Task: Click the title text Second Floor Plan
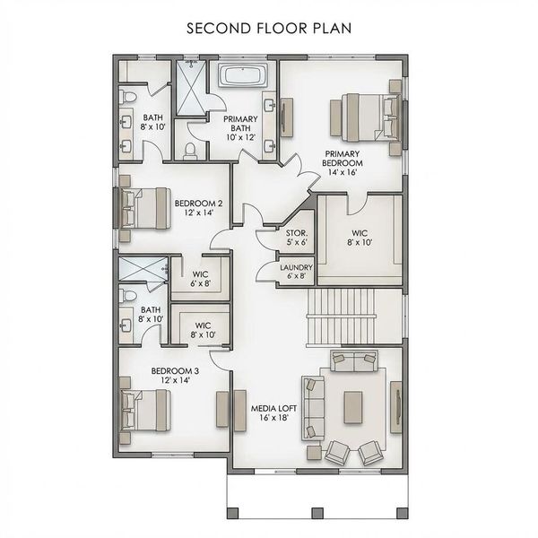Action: tap(268, 27)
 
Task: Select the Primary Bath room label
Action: tap(240, 128)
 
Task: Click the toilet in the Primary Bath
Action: tap(189, 151)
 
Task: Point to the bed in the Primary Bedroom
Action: tap(363, 115)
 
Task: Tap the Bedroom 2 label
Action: tap(198, 209)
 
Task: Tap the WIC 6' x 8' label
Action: tap(202, 278)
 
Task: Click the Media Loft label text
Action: tap(268, 413)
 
